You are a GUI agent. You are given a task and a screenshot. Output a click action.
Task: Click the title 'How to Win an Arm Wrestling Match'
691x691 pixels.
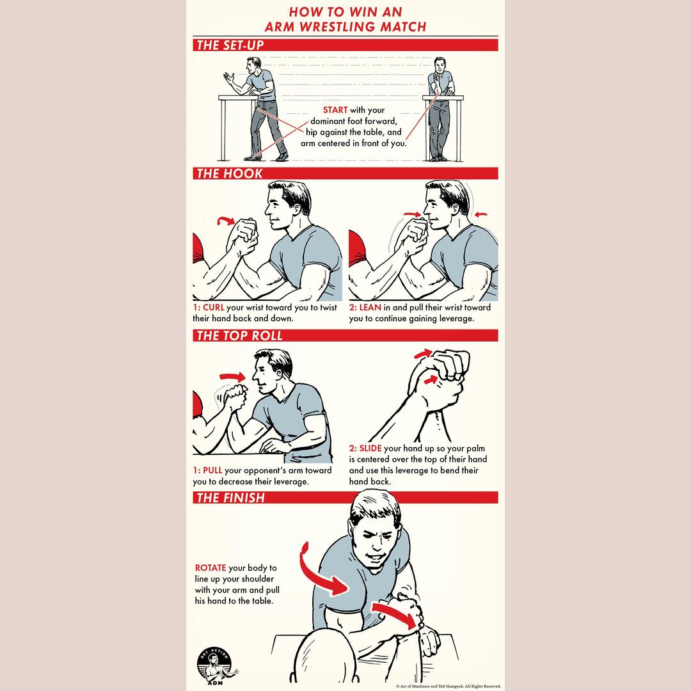point(345,19)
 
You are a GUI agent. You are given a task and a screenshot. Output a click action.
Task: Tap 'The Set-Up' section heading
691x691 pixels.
point(230,45)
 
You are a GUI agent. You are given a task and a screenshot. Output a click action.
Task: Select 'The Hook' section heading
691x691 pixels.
point(230,173)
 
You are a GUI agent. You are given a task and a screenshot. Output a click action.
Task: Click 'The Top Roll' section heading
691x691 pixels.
point(239,335)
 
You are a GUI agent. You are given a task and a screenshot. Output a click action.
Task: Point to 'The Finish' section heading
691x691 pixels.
point(230,498)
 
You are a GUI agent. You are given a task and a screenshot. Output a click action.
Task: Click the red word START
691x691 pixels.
point(335,110)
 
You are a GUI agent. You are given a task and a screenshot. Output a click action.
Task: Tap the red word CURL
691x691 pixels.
point(213,307)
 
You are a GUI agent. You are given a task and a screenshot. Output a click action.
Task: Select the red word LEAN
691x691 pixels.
point(370,307)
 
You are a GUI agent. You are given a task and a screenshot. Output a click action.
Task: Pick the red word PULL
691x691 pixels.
point(212,470)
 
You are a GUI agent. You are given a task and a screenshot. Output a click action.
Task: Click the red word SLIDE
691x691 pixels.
point(370,448)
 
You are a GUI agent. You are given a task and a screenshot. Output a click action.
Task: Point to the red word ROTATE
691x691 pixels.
point(210,568)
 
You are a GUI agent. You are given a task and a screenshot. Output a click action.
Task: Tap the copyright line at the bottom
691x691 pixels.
point(448,686)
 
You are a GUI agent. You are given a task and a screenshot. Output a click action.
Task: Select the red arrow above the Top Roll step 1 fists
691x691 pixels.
point(232,377)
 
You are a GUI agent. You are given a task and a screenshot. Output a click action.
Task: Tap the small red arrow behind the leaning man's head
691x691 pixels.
point(481,214)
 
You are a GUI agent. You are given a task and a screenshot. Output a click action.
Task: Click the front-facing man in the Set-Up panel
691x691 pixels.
point(440,108)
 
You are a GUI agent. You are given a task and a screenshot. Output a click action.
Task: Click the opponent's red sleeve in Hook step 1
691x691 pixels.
point(198,248)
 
